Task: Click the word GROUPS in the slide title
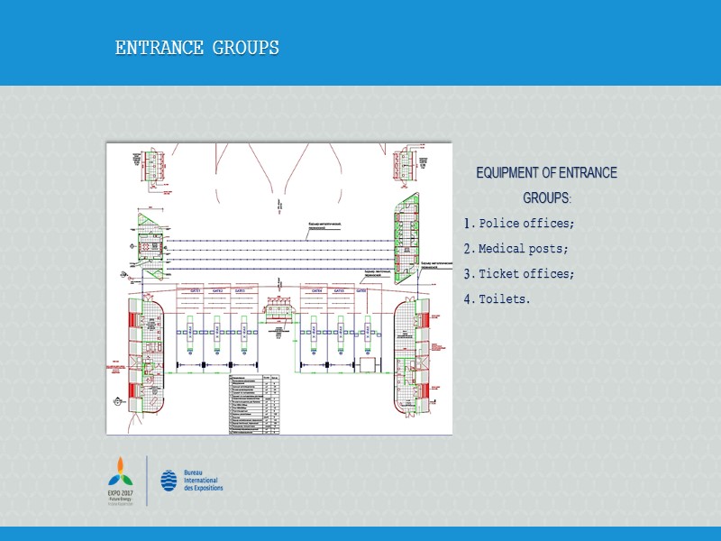pyautogui.click(x=245, y=48)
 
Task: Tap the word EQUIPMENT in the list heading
pyautogui.click(x=512, y=173)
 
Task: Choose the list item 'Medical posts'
pyautogui.click(x=523, y=248)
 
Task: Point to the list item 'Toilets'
pyautogui.click(x=504, y=298)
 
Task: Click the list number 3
pyautogui.click(x=468, y=274)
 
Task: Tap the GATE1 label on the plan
pyautogui.click(x=195, y=291)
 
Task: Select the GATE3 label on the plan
pyautogui.click(x=240, y=291)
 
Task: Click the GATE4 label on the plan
pyautogui.click(x=316, y=291)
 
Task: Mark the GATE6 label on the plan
pyautogui.click(x=360, y=291)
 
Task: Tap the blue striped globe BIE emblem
pyautogui.click(x=169, y=481)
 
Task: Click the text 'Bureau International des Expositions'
pyautogui.click(x=202, y=481)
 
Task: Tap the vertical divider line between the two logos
pyautogui.click(x=148, y=481)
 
